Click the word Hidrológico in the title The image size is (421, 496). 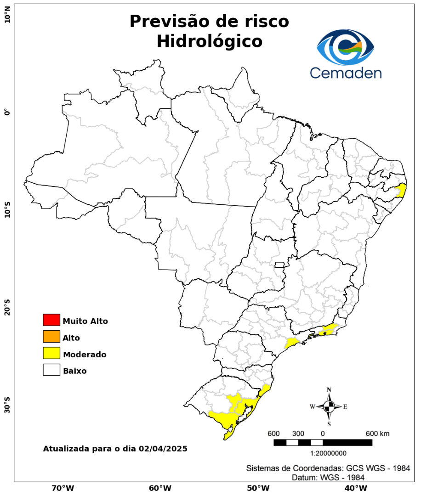coord(209,41)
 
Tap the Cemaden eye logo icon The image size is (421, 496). coord(346,48)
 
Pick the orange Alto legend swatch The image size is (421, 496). coord(51,337)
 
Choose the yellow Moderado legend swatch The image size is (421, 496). coord(51,353)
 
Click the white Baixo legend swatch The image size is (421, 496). coord(51,370)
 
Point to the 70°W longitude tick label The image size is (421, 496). coord(63,488)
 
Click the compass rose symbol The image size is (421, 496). coord(329,406)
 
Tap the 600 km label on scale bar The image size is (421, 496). coord(378,434)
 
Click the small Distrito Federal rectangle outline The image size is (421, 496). coord(279,265)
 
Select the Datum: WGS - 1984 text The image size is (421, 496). coord(329,478)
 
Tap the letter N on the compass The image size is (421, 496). coord(329,390)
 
